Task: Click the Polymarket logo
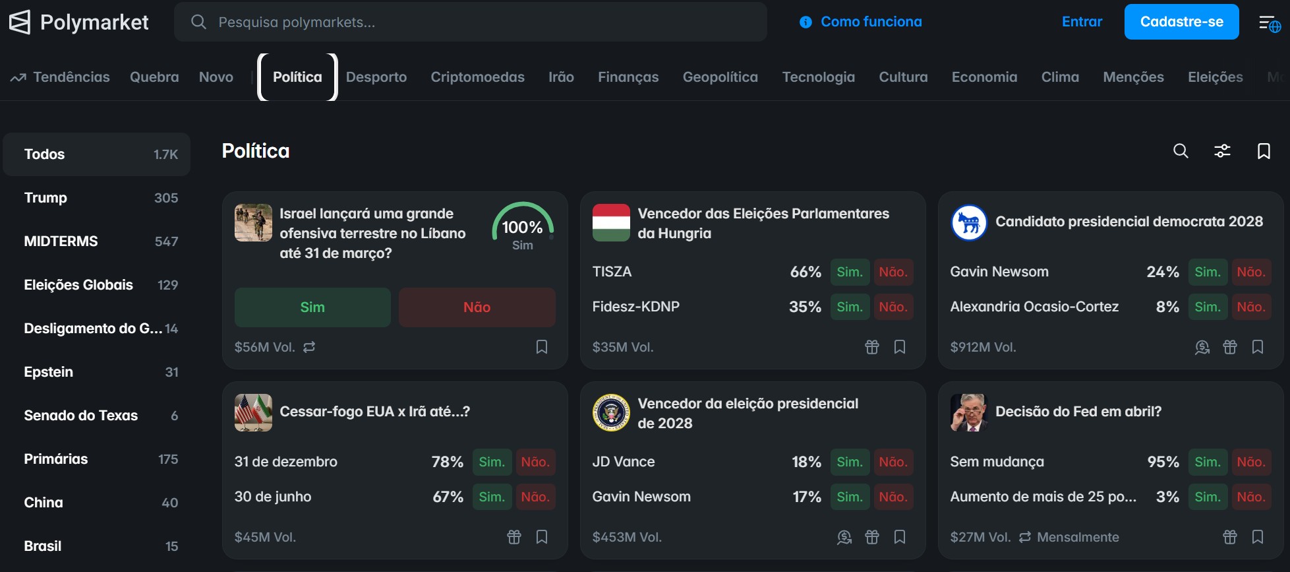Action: click(78, 22)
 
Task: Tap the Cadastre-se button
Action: click(1181, 22)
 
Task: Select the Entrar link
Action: click(1082, 22)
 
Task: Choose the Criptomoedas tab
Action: click(477, 77)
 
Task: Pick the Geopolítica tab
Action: click(720, 77)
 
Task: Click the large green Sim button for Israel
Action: click(312, 307)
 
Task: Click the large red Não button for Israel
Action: click(477, 307)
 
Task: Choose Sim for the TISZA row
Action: click(850, 272)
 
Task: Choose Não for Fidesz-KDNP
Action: click(893, 307)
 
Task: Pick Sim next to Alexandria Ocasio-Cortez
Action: click(1208, 307)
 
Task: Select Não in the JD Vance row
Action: click(893, 462)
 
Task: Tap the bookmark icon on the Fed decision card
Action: click(1258, 537)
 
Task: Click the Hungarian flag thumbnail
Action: click(611, 223)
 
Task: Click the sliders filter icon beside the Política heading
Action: click(1222, 151)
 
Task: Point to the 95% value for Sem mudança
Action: click(1163, 462)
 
